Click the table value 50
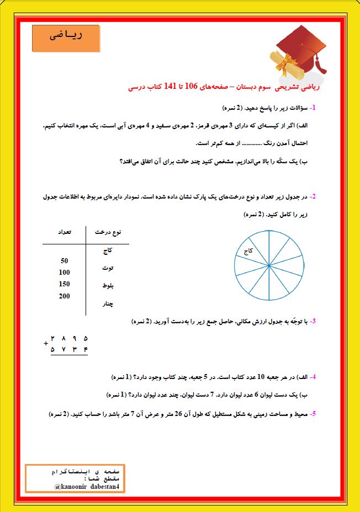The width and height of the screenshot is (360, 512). pyautogui.click(x=64, y=260)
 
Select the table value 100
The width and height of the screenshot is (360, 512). pyautogui.click(x=64, y=272)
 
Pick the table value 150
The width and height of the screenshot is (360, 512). pyautogui.click(x=64, y=284)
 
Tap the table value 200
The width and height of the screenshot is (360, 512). pyautogui.click(x=64, y=296)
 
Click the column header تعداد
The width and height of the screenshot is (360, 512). pyautogui.click(x=64, y=233)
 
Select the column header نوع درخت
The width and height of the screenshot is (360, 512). pyautogui.click(x=108, y=233)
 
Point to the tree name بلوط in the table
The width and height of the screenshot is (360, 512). pyautogui.click(x=108, y=286)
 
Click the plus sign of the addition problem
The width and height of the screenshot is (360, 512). pyautogui.click(x=45, y=343)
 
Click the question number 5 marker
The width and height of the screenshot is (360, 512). pyautogui.click(x=313, y=413)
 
